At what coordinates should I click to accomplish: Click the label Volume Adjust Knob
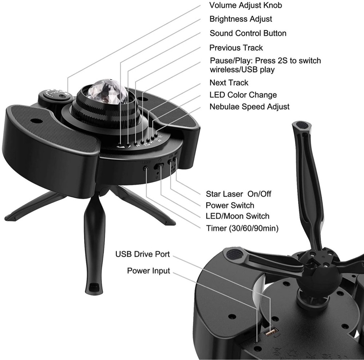click(246, 5)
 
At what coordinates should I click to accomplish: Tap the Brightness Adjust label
click(241, 19)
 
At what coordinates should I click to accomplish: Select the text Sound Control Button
click(248, 33)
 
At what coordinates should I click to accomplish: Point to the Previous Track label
click(236, 48)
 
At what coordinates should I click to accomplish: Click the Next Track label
click(229, 83)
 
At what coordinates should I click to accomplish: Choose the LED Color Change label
click(243, 95)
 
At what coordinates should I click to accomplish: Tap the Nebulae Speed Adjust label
click(249, 107)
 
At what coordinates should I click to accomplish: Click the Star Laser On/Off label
click(238, 194)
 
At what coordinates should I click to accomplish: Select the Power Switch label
click(230, 205)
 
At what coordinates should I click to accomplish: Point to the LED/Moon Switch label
click(237, 216)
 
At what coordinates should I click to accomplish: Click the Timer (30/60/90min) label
click(242, 228)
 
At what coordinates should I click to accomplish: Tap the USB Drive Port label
click(143, 254)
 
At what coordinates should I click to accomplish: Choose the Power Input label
click(149, 271)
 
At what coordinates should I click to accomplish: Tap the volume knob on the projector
click(55, 95)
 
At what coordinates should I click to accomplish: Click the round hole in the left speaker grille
click(35, 121)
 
